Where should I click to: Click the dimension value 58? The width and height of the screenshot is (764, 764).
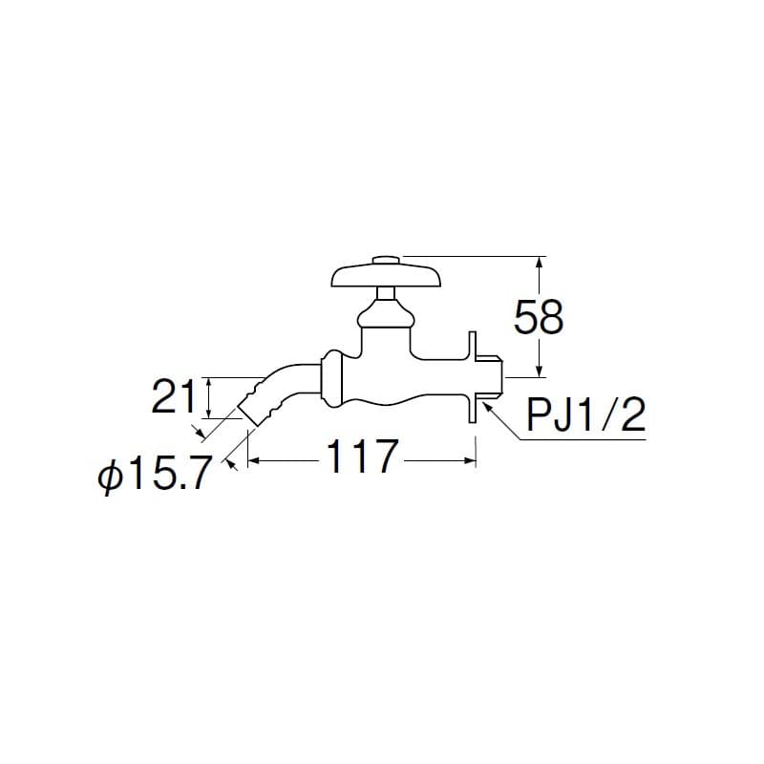(539, 317)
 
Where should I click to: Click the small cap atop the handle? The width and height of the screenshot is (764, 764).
(387, 258)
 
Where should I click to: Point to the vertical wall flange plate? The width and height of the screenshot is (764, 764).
(472, 377)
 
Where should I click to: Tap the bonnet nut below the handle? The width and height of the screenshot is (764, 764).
(386, 312)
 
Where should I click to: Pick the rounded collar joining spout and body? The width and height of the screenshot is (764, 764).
(331, 378)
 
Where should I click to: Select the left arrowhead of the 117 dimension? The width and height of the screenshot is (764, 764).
(253, 460)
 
